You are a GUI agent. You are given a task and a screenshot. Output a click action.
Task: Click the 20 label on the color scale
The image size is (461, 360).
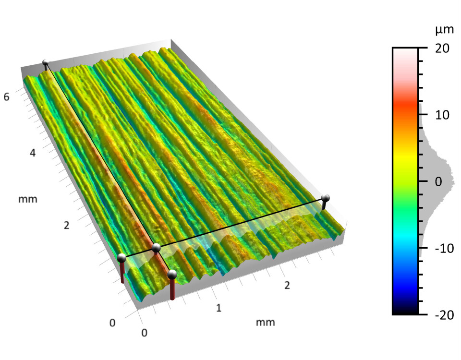pos(442,48)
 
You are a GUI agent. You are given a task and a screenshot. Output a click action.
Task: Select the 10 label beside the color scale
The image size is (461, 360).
pos(442,115)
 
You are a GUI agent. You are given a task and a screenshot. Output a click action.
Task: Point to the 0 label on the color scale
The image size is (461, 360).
pos(438,181)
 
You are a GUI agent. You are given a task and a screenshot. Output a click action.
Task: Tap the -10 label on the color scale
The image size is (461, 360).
pos(444,249)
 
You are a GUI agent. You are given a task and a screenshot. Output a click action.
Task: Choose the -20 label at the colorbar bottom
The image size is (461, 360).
pos(444,315)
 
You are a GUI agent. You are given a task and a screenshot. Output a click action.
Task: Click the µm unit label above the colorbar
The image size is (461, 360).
pos(444,30)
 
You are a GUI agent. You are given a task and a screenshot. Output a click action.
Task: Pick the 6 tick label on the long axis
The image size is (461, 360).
pos(6,96)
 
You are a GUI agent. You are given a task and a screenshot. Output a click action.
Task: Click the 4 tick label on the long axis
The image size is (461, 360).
pos(33,153)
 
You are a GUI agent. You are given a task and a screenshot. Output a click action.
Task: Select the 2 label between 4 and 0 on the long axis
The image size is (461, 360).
pos(66,225)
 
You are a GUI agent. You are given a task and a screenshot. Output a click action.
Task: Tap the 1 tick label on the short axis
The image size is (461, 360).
pos(218,308)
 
